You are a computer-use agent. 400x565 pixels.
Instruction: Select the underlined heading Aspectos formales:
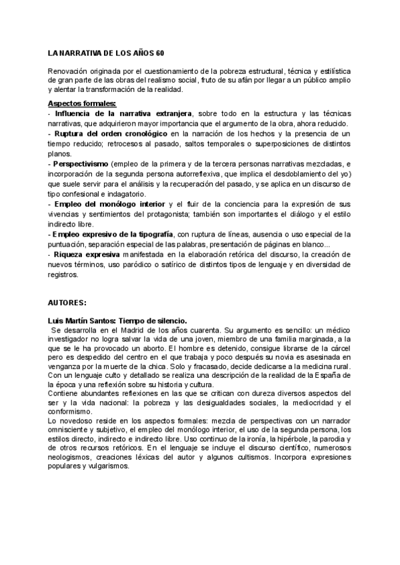click(x=82, y=103)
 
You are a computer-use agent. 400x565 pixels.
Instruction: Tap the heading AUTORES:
click(x=68, y=302)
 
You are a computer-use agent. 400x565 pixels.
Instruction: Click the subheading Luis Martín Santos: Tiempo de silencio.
click(x=117, y=320)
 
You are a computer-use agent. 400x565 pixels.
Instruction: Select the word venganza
click(x=65, y=368)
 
